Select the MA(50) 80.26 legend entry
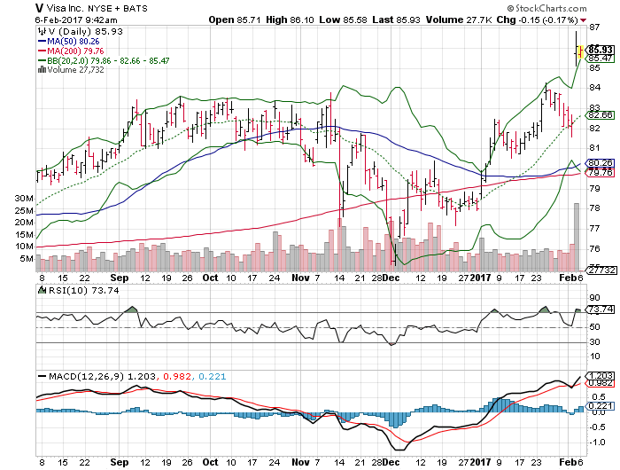[x=72, y=40]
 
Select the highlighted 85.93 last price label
[x=601, y=49]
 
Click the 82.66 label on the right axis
[x=601, y=115]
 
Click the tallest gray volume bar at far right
[x=577, y=236]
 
